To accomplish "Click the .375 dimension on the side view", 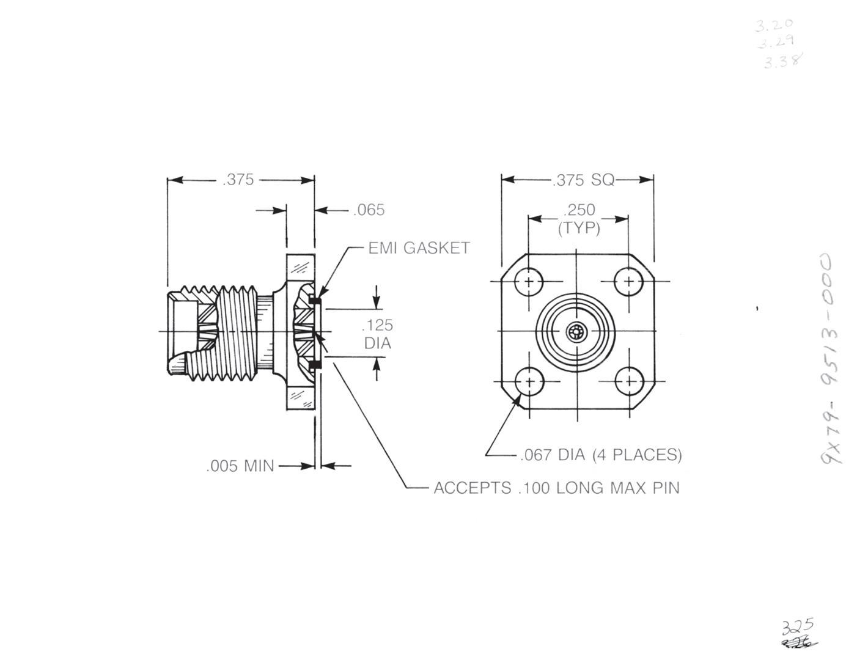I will (238, 180).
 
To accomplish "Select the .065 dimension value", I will (369, 210).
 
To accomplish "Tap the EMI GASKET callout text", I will (419, 248).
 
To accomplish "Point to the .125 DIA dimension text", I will (378, 334).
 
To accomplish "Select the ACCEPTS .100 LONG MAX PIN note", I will (556, 488).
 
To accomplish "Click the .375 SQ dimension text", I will (583, 180).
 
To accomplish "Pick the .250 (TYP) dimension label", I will (579, 219).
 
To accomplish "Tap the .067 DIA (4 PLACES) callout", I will (601, 455).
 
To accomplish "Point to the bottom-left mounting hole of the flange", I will (529, 381).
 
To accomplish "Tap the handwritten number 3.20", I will (774, 25).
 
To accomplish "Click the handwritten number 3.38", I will (782, 61).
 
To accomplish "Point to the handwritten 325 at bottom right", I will (798, 626).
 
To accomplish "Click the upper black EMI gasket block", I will (314, 300).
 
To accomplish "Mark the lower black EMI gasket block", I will (314, 365).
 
